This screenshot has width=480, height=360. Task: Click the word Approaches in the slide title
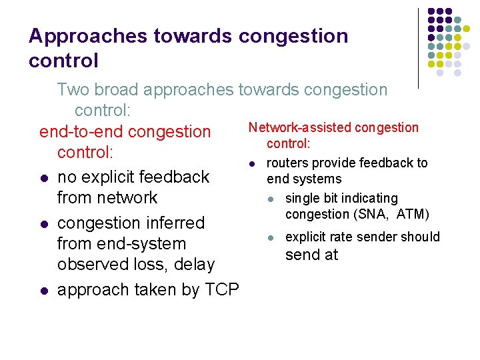pyautogui.click(x=75, y=36)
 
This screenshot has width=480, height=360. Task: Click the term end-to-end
pyautogui.click(x=81, y=132)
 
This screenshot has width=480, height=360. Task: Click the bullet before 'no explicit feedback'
pyautogui.click(x=43, y=178)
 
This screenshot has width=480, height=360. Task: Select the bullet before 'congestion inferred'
pyautogui.click(x=43, y=223)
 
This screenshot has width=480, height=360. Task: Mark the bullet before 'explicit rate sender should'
pyautogui.click(x=270, y=237)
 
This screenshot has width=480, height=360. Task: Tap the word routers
pyautogui.click(x=287, y=163)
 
